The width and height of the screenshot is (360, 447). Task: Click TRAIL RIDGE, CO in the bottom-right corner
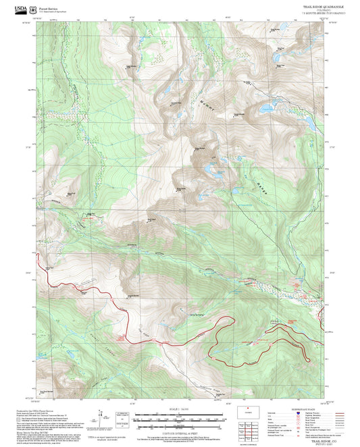tap(311, 438)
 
